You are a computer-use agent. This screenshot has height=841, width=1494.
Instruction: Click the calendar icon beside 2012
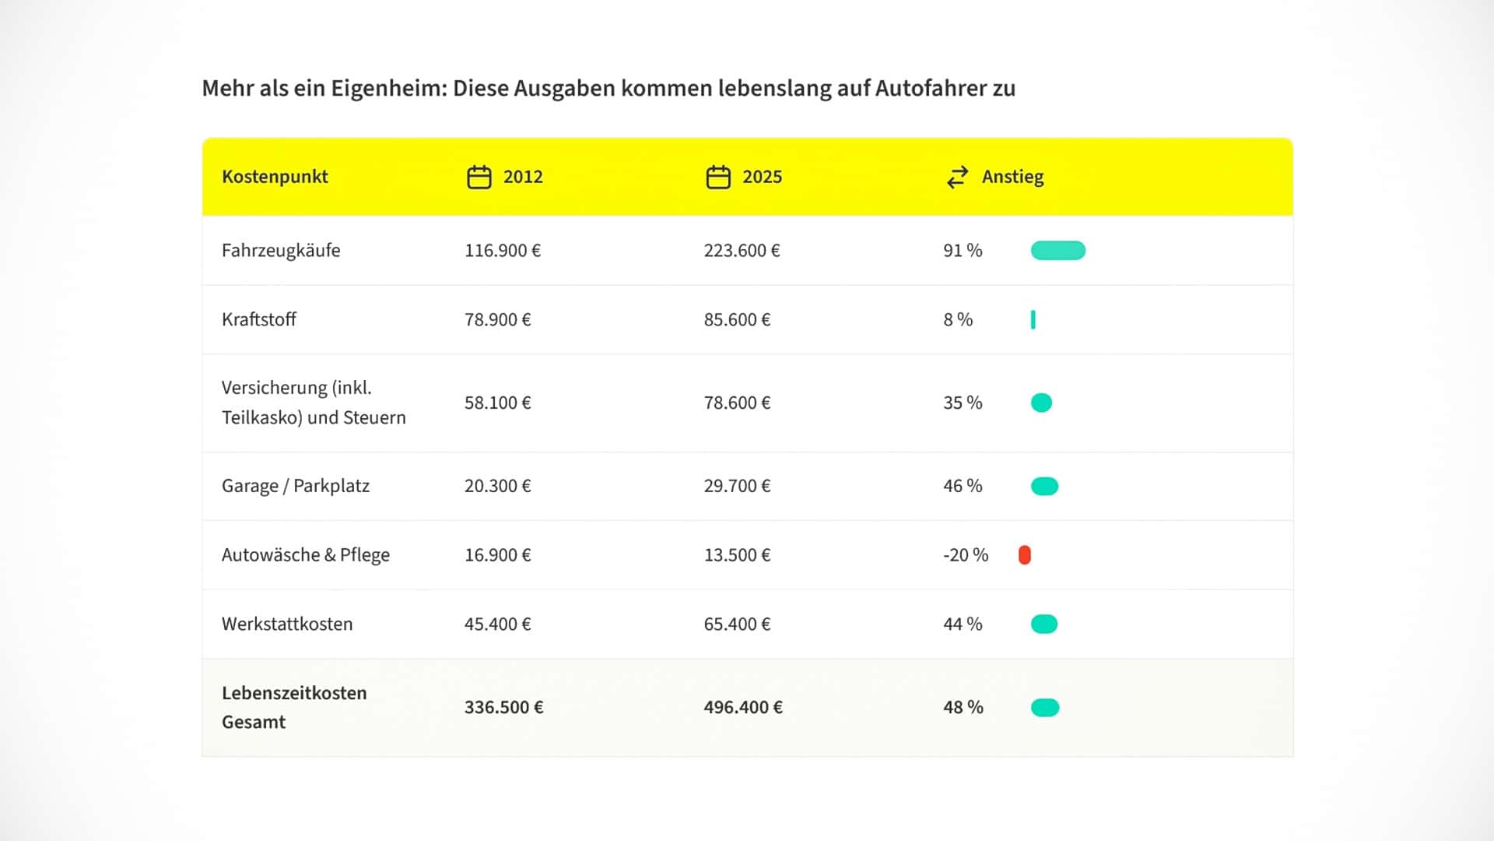pyautogui.click(x=479, y=178)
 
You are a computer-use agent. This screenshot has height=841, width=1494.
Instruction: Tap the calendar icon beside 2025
pyautogui.click(x=717, y=178)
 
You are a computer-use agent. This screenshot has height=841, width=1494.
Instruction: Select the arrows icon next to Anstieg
pyautogui.click(x=957, y=178)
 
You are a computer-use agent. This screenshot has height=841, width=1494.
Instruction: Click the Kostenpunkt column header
pyautogui.click(x=275, y=177)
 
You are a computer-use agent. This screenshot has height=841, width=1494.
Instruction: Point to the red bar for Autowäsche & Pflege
pyautogui.click(x=1024, y=555)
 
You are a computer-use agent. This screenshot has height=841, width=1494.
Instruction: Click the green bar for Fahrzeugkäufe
pyautogui.click(x=1057, y=251)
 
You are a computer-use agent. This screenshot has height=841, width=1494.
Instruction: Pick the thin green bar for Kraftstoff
pyautogui.click(x=1033, y=320)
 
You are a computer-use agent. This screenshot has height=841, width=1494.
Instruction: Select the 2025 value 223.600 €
pyautogui.click(x=742, y=251)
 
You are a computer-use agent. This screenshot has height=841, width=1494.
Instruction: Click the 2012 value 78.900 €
pyautogui.click(x=497, y=320)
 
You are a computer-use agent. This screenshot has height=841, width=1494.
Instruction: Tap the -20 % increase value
pyautogui.click(x=965, y=555)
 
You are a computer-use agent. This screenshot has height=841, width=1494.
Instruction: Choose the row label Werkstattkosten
pyautogui.click(x=287, y=625)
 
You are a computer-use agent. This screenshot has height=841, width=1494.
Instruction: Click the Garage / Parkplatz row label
pyautogui.click(x=296, y=486)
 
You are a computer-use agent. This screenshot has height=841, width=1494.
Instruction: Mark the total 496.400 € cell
pyautogui.click(x=743, y=708)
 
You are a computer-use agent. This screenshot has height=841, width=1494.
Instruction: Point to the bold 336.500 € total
pyautogui.click(x=503, y=708)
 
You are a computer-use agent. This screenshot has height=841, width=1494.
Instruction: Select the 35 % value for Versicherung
pyautogui.click(x=963, y=403)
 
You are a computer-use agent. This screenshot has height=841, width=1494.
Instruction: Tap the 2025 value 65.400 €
pyautogui.click(x=737, y=625)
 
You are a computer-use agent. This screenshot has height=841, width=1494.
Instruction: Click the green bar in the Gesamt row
pyautogui.click(x=1044, y=708)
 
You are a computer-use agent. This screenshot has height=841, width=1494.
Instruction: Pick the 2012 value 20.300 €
pyautogui.click(x=497, y=486)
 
